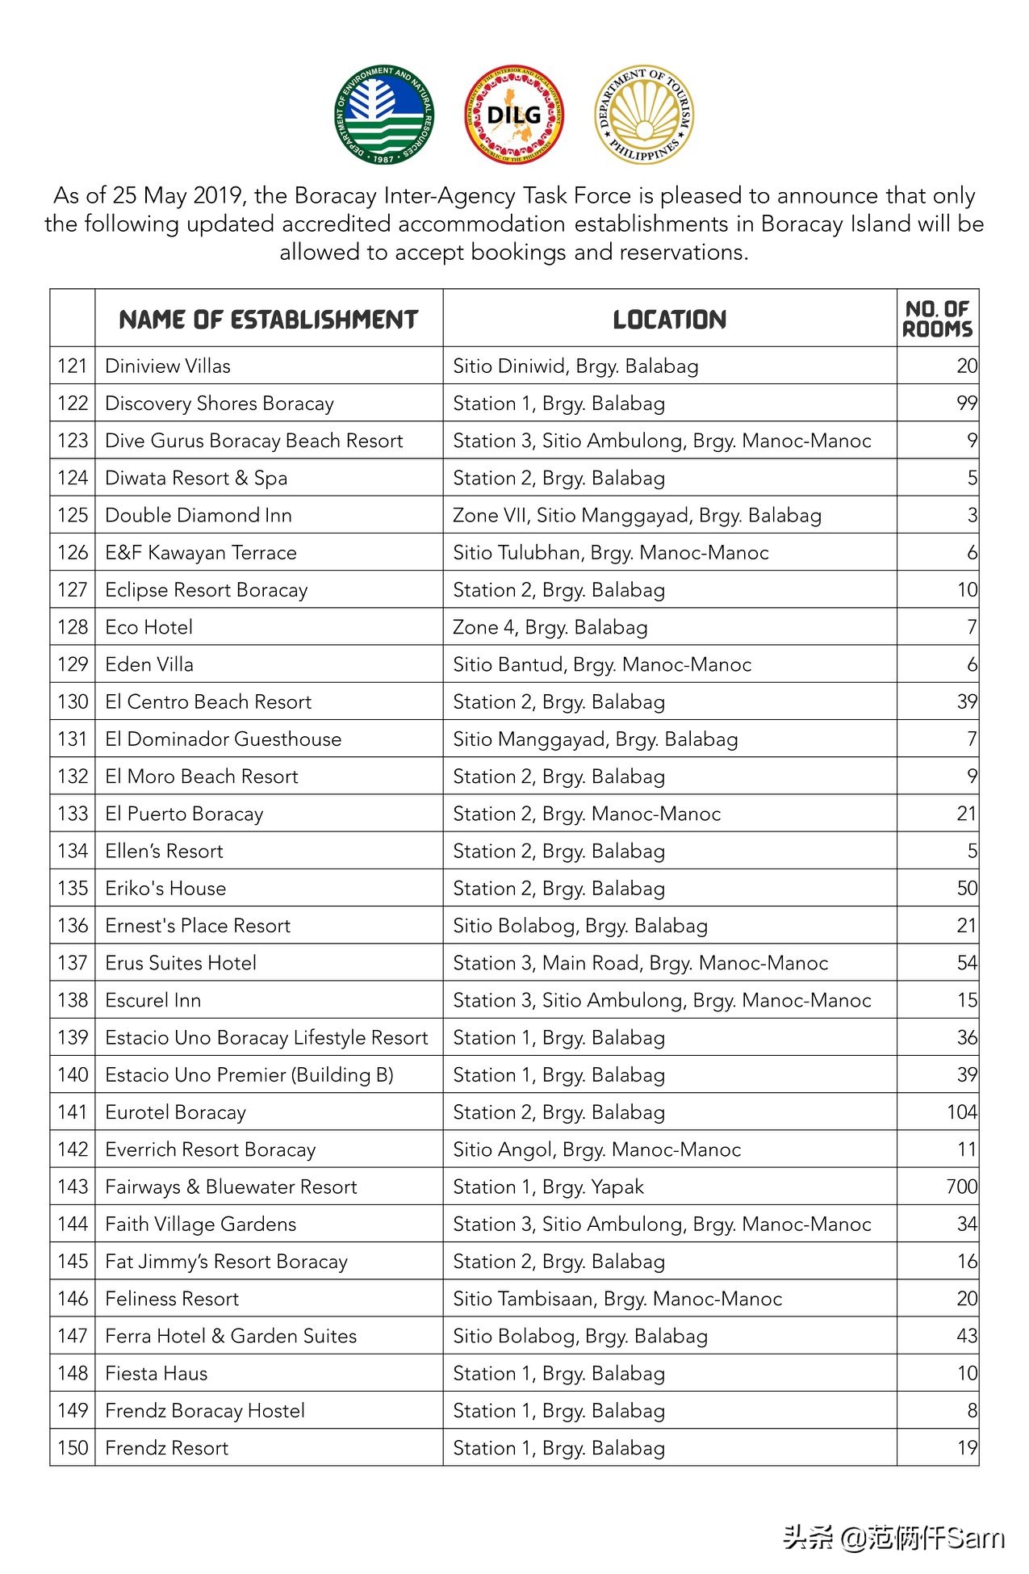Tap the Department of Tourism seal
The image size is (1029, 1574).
(x=643, y=115)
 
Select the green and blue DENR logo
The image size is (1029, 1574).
(x=383, y=115)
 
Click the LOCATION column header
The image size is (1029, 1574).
(x=669, y=320)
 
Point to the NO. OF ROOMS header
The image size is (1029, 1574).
(x=937, y=319)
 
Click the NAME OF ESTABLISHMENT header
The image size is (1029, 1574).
(x=268, y=320)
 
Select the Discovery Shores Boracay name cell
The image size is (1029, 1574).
(x=220, y=404)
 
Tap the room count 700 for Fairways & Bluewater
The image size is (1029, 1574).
(x=961, y=1187)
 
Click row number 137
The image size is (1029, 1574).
(x=73, y=963)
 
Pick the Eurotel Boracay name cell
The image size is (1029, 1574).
(x=176, y=1112)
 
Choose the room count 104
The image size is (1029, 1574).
(x=961, y=1112)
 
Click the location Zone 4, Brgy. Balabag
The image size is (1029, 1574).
(x=550, y=627)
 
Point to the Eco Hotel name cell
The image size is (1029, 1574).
(x=149, y=627)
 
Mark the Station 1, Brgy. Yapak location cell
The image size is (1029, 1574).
(x=549, y=1187)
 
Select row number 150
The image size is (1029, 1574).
(x=73, y=1448)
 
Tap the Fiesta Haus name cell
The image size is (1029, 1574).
(x=157, y=1373)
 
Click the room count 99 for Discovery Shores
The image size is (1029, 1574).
(x=966, y=404)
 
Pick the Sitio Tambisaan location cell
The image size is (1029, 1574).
(x=617, y=1299)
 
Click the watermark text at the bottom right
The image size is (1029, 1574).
(x=894, y=1538)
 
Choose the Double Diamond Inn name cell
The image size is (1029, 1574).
(x=199, y=515)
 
